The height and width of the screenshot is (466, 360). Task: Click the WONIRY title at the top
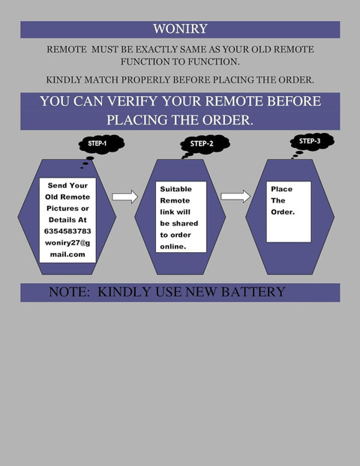point(180,29)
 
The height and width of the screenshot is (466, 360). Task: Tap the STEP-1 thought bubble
point(101,144)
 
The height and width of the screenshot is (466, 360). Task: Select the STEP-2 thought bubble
point(205,144)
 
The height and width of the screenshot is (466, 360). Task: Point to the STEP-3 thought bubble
point(312,142)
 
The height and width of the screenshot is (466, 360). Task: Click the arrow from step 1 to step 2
point(124,197)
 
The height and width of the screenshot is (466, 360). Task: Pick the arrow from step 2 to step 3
point(235,197)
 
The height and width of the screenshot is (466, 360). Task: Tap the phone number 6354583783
point(67,231)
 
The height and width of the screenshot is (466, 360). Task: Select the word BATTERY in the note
point(253,292)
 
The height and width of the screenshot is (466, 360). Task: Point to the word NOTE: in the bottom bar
point(69,292)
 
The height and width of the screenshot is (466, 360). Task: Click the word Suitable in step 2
point(175,189)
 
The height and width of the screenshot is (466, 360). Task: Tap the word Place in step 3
point(281,189)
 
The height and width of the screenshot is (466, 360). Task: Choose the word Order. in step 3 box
point(283,212)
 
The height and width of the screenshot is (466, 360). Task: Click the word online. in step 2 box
point(172,246)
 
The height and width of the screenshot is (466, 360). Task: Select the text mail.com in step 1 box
point(67,254)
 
